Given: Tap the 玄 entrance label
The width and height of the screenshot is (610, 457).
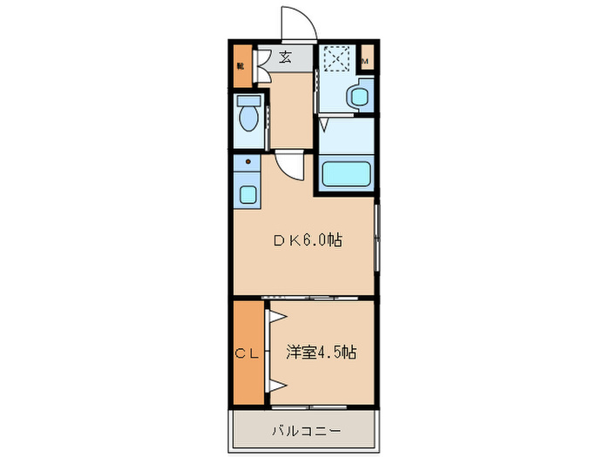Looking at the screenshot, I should click(285, 58).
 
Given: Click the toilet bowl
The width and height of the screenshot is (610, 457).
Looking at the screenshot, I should click(249, 119).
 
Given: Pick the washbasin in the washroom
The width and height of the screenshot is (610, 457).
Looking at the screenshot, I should click(357, 97).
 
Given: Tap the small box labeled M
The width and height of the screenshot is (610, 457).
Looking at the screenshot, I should click(366, 60).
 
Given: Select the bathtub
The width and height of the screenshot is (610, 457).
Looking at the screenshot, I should click(348, 173).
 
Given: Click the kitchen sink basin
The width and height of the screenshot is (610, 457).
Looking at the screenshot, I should click(247, 192).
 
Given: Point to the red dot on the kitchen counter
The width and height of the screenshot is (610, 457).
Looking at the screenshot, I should click(248, 162).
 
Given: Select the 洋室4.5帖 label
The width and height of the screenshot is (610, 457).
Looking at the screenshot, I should click(321, 353).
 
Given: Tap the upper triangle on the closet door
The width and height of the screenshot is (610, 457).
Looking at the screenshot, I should click(274, 319).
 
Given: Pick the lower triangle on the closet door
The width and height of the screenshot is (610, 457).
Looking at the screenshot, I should click(275, 385).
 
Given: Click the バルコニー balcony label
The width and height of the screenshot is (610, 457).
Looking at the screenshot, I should click(306, 430).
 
